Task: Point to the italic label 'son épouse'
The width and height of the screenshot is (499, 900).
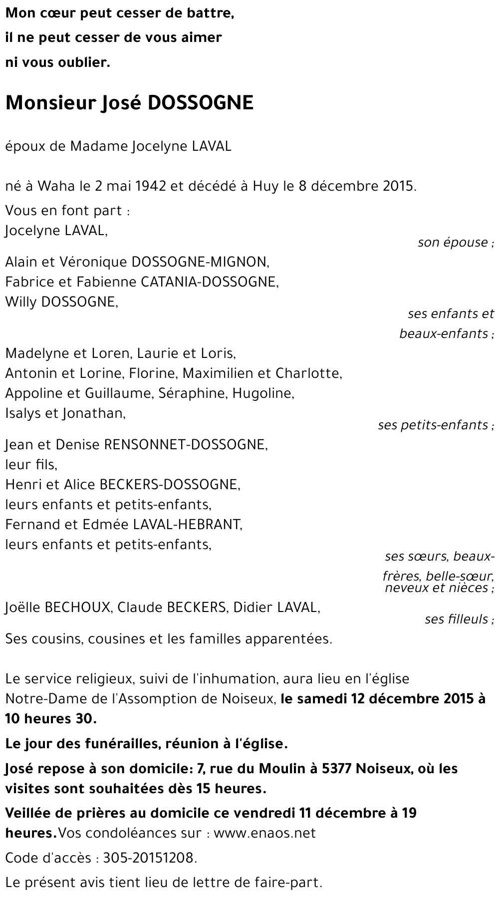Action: pos(453,243)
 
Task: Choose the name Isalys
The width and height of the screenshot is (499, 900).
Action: pos(22,413)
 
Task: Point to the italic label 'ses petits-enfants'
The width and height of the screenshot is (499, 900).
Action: pos(433,425)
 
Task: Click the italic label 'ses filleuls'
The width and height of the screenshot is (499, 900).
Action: pos(457,619)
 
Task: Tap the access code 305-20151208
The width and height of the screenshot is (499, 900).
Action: pos(148,858)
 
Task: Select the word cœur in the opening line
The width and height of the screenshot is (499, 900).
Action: pos(52,14)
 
